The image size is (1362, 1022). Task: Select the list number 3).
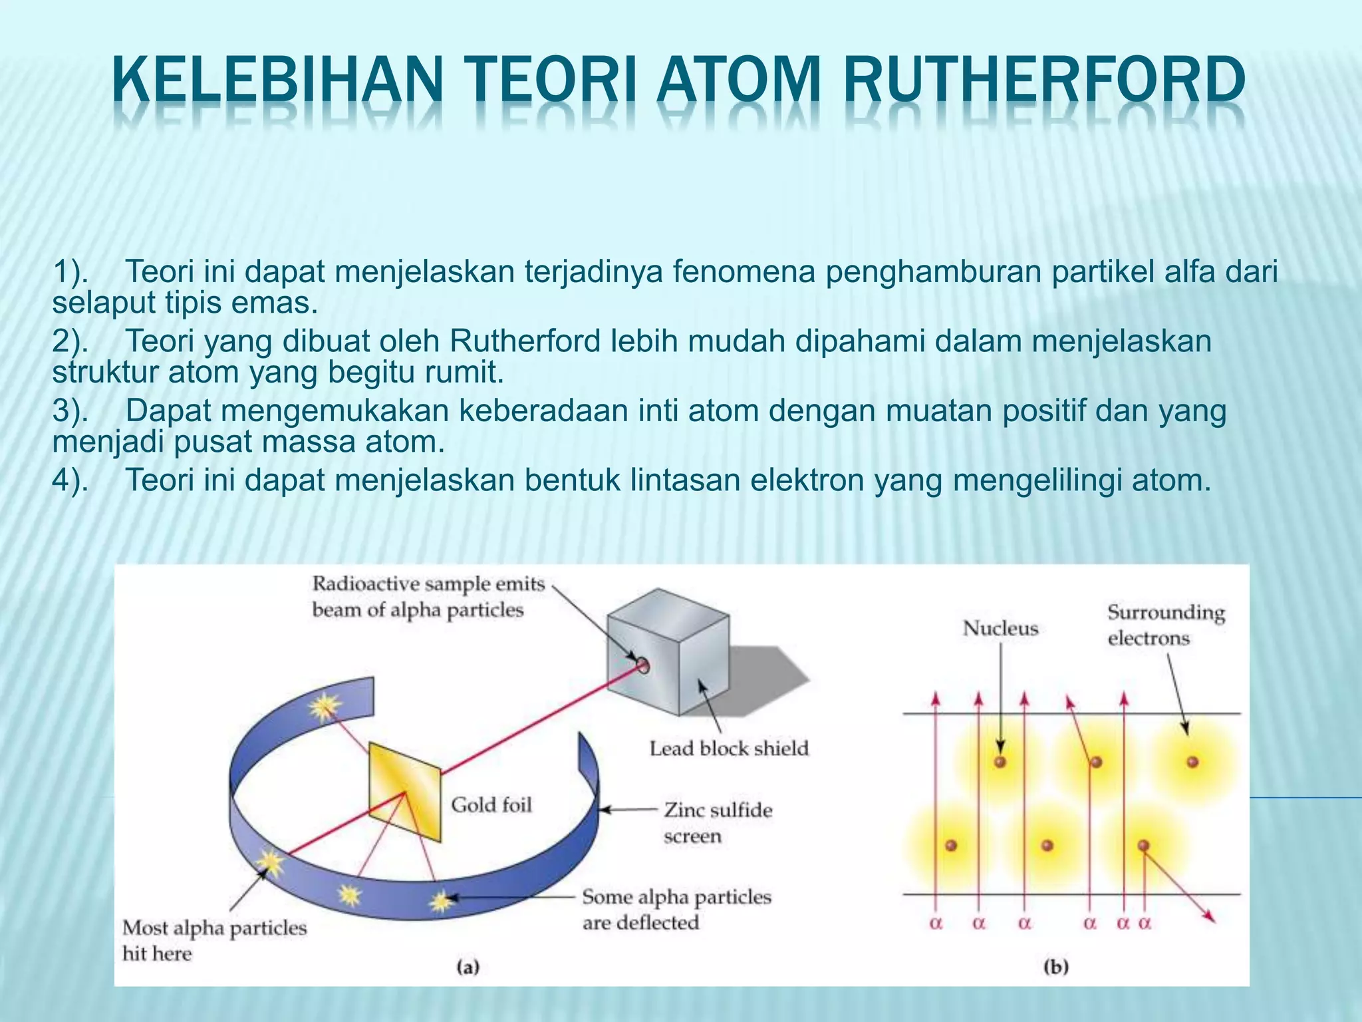click(x=70, y=411)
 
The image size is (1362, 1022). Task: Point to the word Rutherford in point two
click(x=525, y=341)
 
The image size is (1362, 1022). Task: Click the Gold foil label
click(x=491, y=805)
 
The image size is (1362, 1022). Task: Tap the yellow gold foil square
click(x=404, y=792)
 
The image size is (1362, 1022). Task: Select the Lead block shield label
click(x=729, y=749)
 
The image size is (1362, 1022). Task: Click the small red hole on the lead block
click(x=642, y=665)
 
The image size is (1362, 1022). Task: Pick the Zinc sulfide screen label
click(x=718, y=823)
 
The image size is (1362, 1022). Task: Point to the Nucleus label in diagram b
click(x=1000, y=628)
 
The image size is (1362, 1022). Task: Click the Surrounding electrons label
click(x=1166, y=625)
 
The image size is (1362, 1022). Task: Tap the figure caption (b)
click(x=1055, y=967)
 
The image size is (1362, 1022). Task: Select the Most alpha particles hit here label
click(x=214, y=940)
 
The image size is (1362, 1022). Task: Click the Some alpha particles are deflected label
click(x=676, y=910)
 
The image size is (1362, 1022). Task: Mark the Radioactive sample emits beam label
click(x=427, y=597)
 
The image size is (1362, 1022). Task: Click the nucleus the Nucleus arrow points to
click(x=1000, y=762)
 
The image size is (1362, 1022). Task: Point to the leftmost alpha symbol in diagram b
click(x=936, y=924)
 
